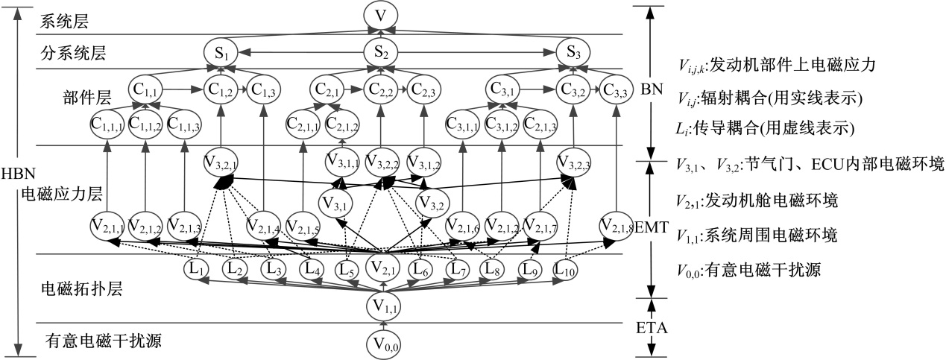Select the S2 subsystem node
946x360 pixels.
pyautogui.click(x=381, y=54)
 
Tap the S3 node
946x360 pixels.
pyautogui.click(x=575, y=54)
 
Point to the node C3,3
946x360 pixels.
pyautogui.click(x=617, y=89)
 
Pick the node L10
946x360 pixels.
pyautogui.click(x=567, y=269)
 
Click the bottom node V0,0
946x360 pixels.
pyautogui.click(x=383, y=343)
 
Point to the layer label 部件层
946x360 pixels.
pyautogui.click(x=88, y=98)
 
